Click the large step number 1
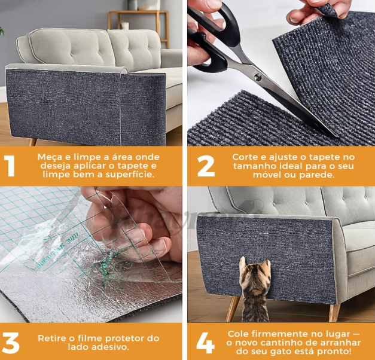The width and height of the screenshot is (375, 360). [x=10, y=166]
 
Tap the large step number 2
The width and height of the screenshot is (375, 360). [x=206, y=166]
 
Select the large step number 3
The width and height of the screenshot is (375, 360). [x=11, y=343]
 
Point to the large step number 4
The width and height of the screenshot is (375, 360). [x=205, y=343]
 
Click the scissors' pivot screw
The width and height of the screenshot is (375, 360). [x=258, y=77]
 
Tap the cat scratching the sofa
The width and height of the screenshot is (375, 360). [x=254, y=289]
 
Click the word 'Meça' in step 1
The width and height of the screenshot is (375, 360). [x=50, y=157]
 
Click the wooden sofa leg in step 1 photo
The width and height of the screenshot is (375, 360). [x=33, y=142]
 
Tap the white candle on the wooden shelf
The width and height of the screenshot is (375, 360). [x=125, y=26]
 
